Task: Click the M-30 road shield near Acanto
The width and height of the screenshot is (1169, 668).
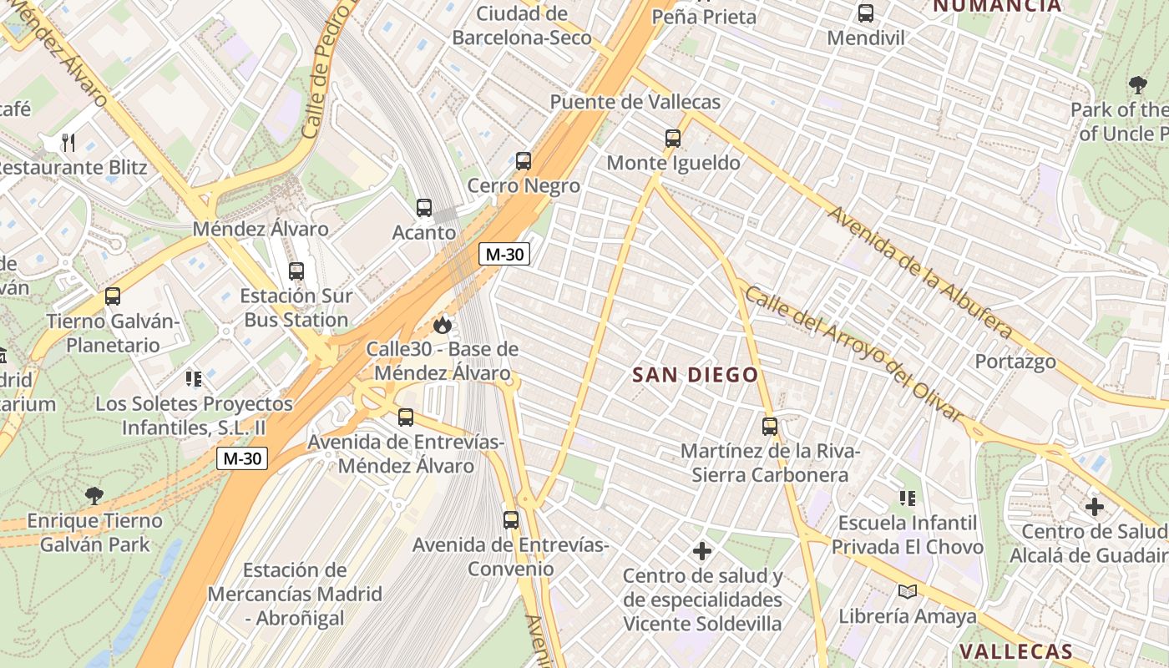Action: [504, 255]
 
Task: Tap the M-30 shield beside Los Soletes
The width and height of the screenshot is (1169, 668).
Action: [242, 458]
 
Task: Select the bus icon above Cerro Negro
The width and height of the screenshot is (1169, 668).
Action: [524, 161]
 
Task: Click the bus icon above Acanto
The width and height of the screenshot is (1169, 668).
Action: [424, 208]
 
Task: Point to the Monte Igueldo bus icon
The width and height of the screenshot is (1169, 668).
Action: [673, 139]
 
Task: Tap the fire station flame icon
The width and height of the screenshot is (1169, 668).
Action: [443, 325]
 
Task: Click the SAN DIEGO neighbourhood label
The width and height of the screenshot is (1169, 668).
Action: [695, 375]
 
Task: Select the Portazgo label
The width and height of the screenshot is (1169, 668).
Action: [1015, 362]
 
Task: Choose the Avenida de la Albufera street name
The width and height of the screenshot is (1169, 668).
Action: [918, 271]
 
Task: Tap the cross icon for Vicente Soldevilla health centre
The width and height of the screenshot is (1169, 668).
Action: [702, 551]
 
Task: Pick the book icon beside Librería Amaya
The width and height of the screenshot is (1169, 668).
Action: [907, 592]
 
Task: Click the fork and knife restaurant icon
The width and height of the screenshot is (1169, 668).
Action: [68, 143]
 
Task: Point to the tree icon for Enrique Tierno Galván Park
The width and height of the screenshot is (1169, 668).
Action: [94, 496]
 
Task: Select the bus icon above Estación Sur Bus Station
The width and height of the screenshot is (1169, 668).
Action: [296, 271]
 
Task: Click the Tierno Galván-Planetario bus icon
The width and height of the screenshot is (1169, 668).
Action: [113, 296]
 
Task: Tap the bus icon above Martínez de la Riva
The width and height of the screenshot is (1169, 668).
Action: [770, 427]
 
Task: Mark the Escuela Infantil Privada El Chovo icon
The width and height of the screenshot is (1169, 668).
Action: [907, 498]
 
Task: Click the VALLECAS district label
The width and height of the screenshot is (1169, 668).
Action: [1015, 651]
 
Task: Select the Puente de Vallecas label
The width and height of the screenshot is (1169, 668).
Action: [635, 102]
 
